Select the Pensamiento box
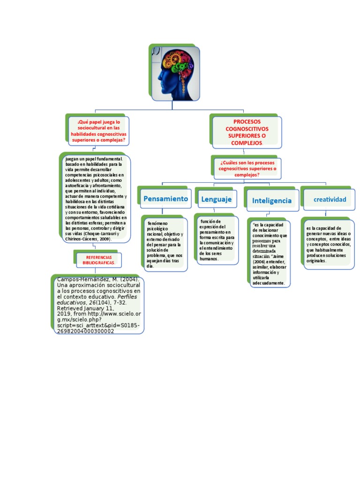(165, 199)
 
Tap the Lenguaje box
(216, 199)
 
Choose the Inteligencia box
(271, 201)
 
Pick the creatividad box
(330, 200)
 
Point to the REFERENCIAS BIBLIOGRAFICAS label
(98, 260)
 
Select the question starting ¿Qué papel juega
(98, 131)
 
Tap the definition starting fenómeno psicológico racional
(165, 243)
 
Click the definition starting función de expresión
(216, 240)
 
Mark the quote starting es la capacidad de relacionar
(270, 254)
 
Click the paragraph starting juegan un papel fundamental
(96, 199)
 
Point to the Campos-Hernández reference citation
(98, 305)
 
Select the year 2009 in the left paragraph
(104, 239)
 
